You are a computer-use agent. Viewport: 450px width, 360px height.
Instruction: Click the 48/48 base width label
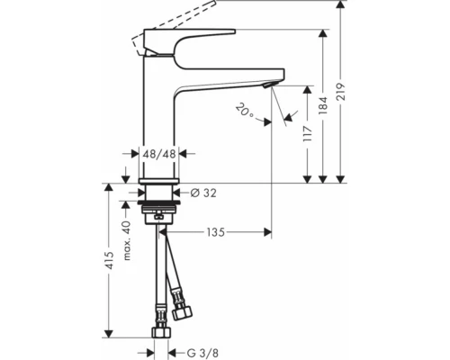click(161, 154)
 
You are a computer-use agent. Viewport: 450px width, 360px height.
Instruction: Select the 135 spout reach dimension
click(213, 233)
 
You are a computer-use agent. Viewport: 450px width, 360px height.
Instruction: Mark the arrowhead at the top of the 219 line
click(338, 8)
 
